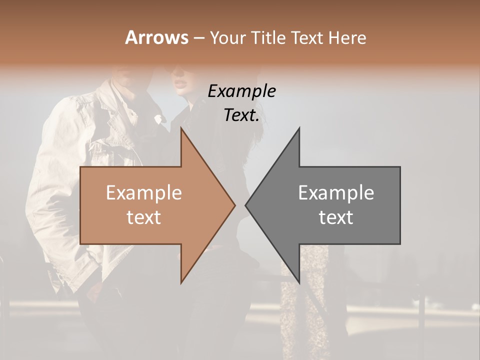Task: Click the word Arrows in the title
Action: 156,37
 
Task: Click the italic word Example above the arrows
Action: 241,91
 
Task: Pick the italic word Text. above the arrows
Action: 241,115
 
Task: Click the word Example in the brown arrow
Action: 144,193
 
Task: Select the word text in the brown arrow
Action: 144,217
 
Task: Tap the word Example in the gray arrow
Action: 336,193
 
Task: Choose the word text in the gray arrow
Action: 336,217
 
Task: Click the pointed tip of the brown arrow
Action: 234,205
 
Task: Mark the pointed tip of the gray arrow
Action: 246,205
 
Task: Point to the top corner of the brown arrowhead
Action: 181,129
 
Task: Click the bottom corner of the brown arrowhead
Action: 181,282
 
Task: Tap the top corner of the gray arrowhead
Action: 299,129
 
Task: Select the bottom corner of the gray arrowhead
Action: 299,282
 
